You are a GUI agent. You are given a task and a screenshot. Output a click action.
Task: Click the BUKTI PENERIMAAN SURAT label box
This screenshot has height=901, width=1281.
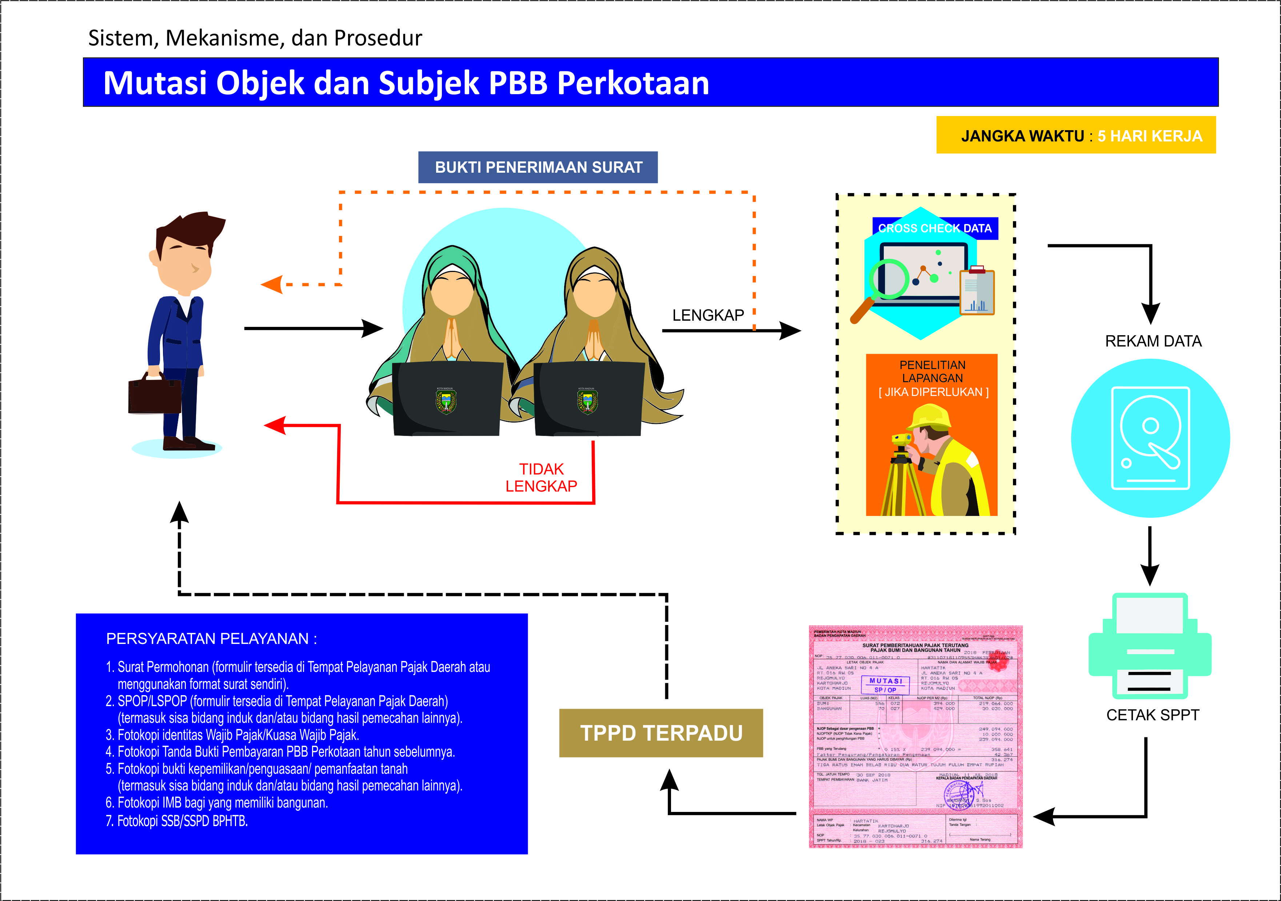(x=538, y=167)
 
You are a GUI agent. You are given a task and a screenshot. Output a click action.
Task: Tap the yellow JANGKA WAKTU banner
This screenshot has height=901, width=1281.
(x=1075, y=135)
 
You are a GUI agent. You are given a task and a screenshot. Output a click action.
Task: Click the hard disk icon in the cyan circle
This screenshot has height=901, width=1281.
(x=1150, y=438)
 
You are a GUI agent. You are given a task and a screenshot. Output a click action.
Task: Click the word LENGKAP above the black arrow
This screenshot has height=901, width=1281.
(x=707, y=315)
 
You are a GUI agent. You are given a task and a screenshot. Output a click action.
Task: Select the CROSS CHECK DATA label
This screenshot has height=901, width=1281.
(x=934, y=228)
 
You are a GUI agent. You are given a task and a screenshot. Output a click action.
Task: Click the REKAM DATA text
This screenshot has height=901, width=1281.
(x=1153, y=341)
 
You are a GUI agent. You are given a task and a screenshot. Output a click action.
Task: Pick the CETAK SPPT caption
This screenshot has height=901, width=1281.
(x=1152, y=715)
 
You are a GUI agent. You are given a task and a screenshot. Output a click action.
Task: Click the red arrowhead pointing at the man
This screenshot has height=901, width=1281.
(x=275, y=426)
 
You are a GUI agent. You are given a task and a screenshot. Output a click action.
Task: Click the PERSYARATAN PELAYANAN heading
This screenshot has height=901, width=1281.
(x=211, y=639)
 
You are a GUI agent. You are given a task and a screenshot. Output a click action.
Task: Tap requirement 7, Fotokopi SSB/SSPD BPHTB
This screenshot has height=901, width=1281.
(x=176, y=821)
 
